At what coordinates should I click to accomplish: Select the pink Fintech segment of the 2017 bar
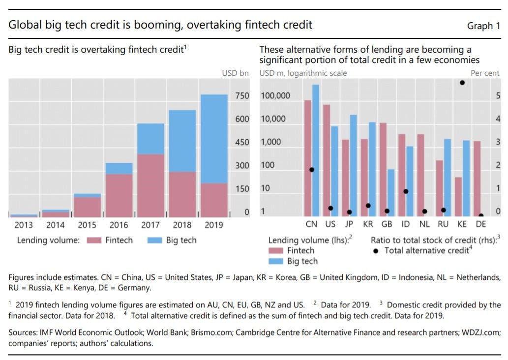(x=150, y=185)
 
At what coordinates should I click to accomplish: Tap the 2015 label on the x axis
(x=87, y=225)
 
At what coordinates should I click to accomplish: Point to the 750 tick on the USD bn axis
(x=242, y=96)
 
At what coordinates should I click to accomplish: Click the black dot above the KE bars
(x=462, y=83)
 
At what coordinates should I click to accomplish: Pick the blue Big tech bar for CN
(x=316, y=150)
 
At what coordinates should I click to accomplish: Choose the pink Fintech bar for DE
(x=477, y=179)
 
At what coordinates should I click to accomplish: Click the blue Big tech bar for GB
(x=391, y=193)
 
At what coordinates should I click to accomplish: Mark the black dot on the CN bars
(x=312, y=170)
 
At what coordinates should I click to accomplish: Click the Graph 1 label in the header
(x=483, y=26)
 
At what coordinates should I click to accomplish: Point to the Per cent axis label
(x=485, y=73)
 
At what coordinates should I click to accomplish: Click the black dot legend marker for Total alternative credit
(x=376, y=251)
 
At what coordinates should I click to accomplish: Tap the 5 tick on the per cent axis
(x=498, y=96)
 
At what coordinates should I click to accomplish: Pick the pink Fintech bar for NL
(x=420, y=175)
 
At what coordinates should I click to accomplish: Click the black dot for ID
(x=406, y=191)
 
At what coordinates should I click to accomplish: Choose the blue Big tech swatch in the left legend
(x=153, y=240)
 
